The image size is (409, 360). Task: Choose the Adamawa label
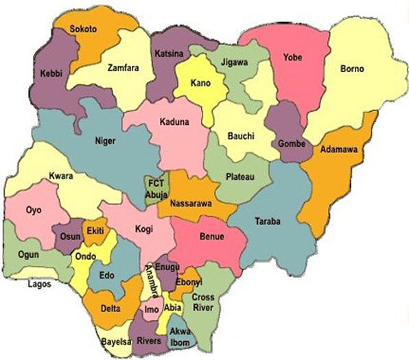point(336,148)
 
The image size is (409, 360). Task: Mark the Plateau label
point(240,177)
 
